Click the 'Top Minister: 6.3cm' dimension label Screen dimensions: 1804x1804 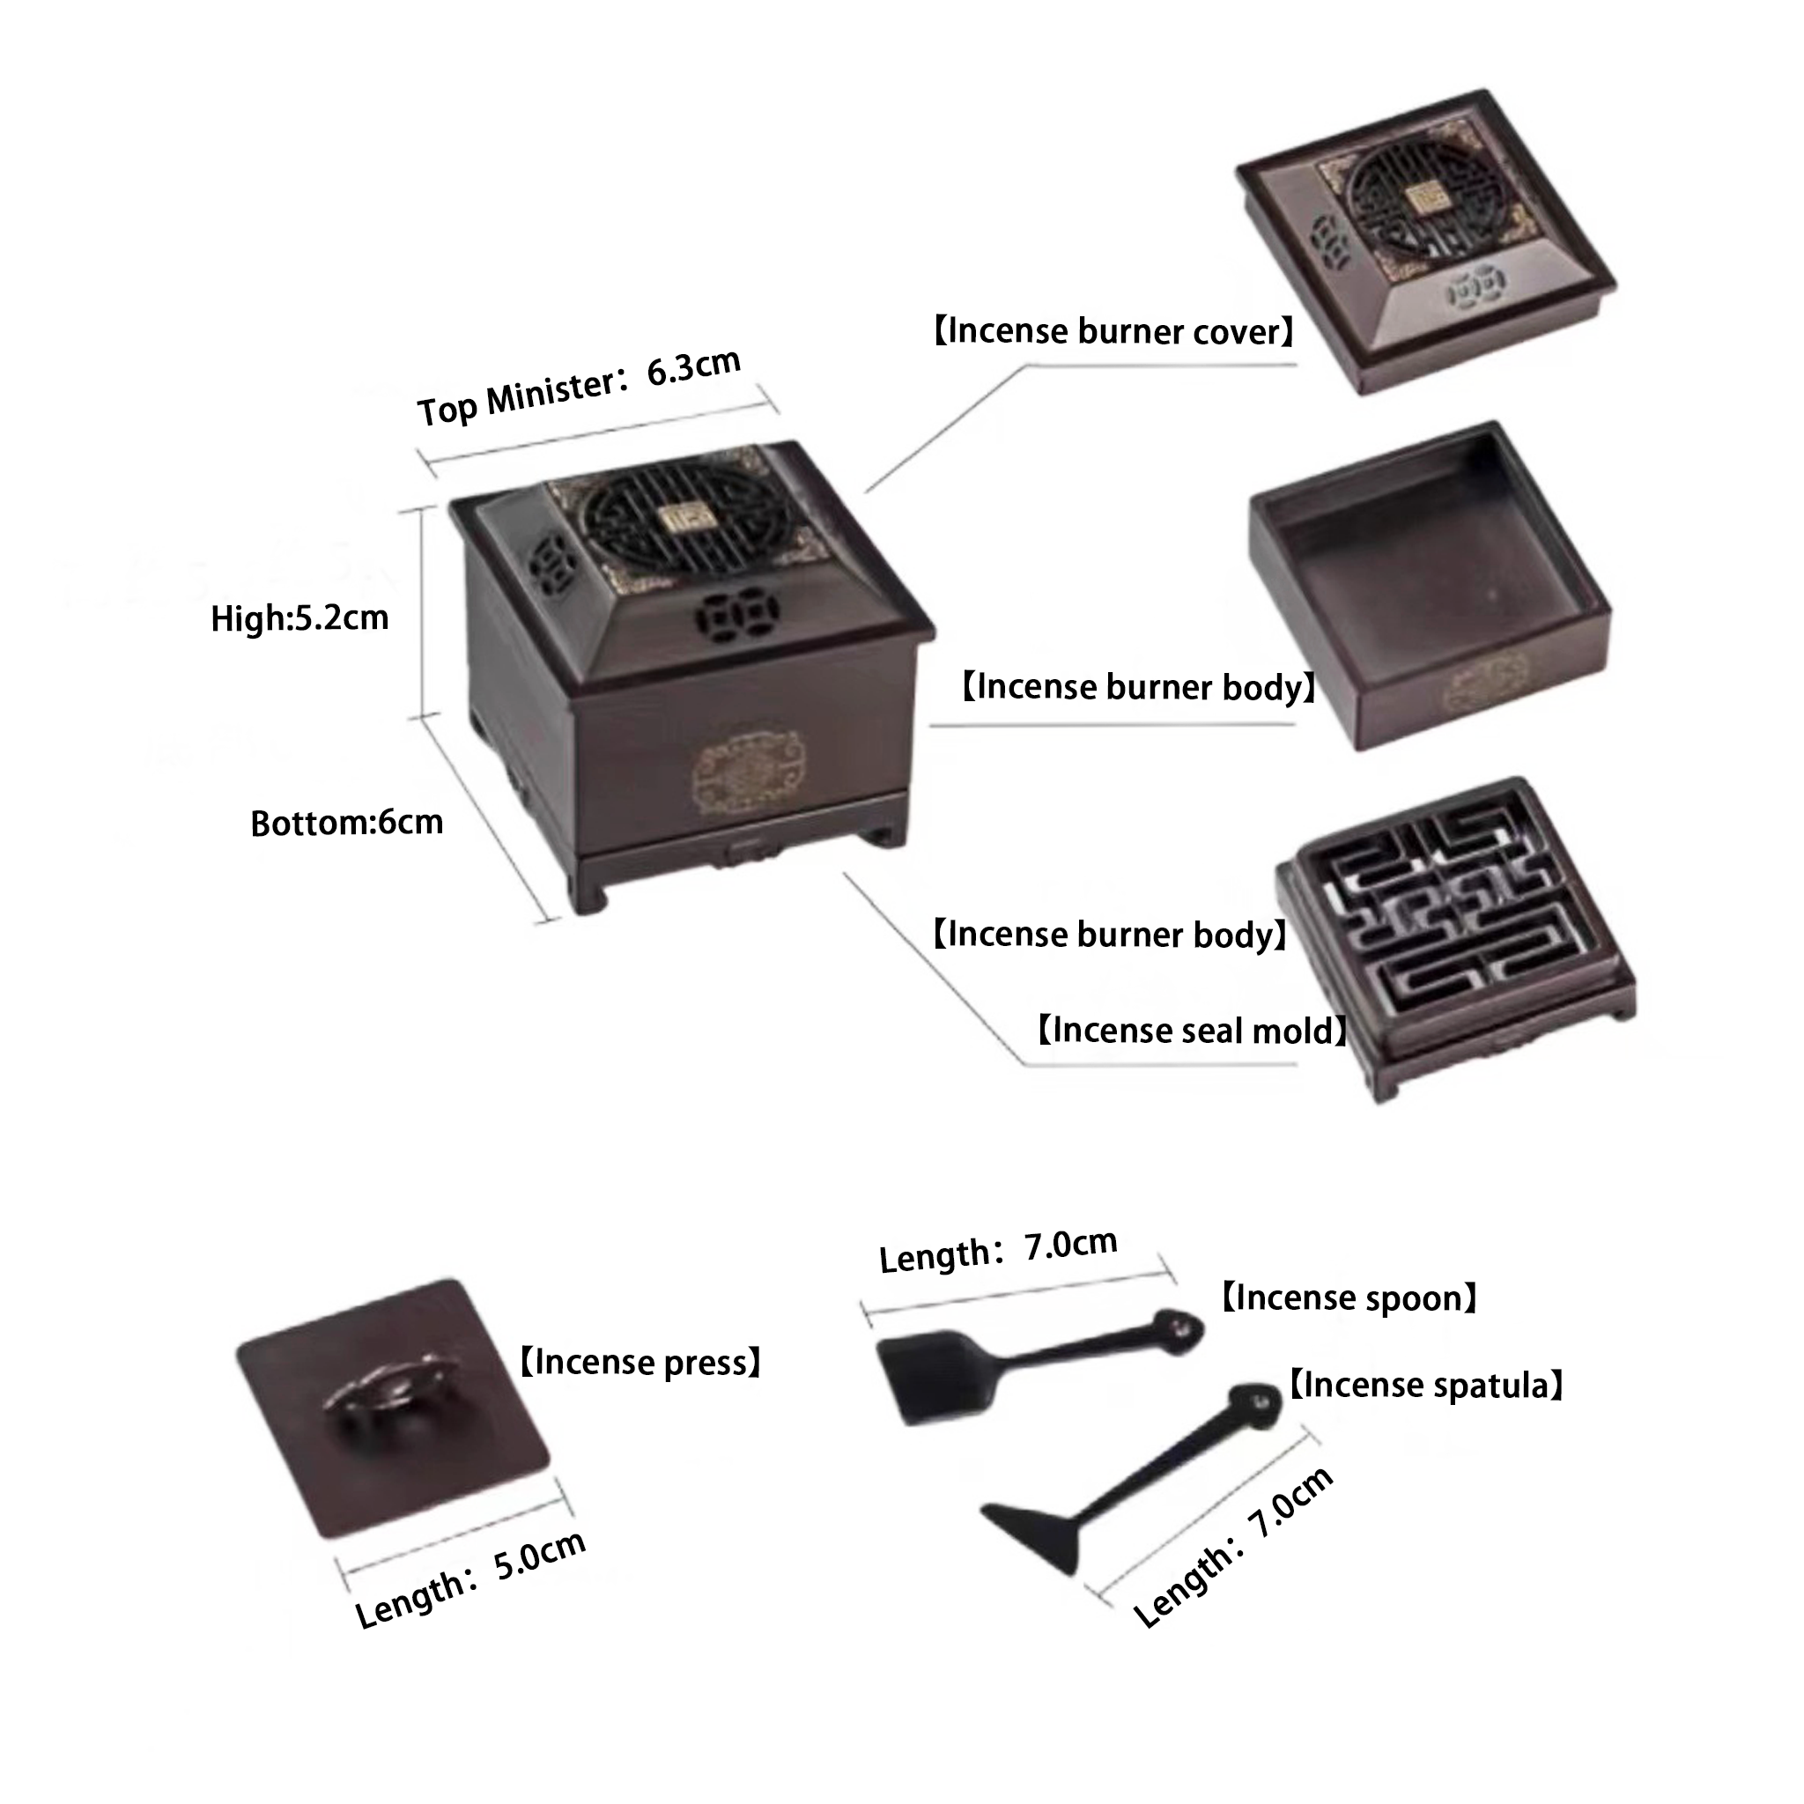[x=579, y=388]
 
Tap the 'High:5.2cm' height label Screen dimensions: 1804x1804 [x=299, y=618]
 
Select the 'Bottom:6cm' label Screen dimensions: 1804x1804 [x=346, y=823]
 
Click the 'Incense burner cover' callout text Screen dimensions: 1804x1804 [x=1114, y=331]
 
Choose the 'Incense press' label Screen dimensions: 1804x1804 [x=640, y=1363]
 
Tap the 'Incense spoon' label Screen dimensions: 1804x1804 [x=1349, y=1298]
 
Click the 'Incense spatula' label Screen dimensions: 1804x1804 [x=1426, y=1385]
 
